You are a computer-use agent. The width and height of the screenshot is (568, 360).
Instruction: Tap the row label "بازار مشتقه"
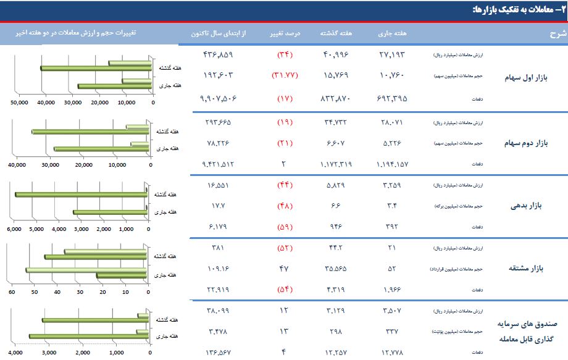525,269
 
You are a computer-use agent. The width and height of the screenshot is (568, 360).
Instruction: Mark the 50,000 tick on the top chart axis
20,103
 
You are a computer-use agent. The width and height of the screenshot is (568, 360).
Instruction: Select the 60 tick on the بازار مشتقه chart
12,292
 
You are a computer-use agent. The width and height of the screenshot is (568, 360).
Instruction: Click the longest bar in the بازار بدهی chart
80,195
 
